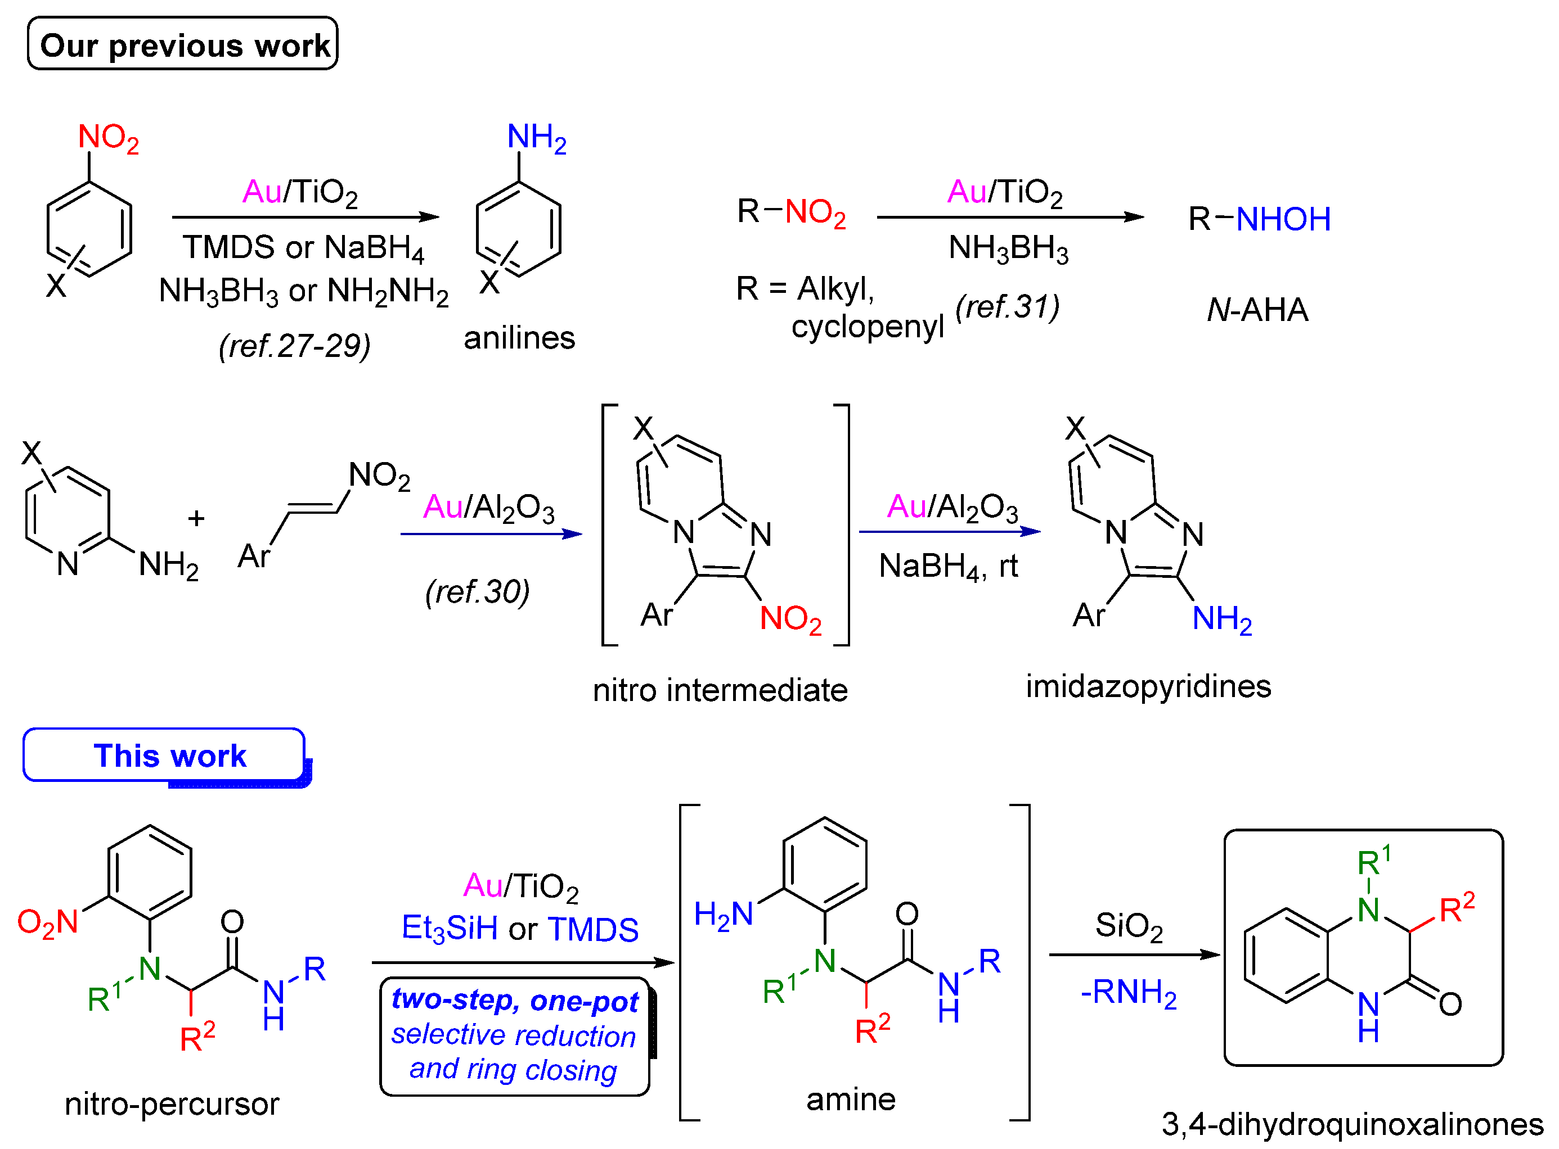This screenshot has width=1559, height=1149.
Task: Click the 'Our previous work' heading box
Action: click(x=182, y=44)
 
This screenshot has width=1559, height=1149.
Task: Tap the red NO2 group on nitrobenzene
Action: click(x=108, y=138)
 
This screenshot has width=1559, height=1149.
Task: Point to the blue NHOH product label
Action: click(x=1283, y=219)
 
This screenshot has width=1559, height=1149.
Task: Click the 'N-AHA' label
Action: click(x=1257, y=310)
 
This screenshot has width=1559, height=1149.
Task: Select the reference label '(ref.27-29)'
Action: click(x=294, y=346)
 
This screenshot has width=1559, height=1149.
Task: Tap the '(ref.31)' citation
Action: click(x=1007, y=307)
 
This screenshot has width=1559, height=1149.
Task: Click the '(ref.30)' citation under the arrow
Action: click(x=478, y=592)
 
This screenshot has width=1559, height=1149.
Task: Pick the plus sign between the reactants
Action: click(x=196, y=518)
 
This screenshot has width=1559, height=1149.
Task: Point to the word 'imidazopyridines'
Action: click(x=1148, y=686)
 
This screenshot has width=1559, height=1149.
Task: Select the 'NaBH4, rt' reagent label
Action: click(x=948, y=567)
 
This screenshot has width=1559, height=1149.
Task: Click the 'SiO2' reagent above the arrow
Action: click(x=1128, y=926)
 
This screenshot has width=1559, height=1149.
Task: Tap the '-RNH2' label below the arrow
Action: click(x=1128, y=993)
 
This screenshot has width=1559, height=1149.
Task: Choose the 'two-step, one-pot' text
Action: click(x=514, y=1000)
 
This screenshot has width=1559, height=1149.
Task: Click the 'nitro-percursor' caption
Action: click(x=172, y=1104)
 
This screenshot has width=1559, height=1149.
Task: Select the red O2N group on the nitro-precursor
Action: click(x=47, y=924)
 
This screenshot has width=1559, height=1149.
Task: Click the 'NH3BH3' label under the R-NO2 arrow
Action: click(x=1008, y=248)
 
